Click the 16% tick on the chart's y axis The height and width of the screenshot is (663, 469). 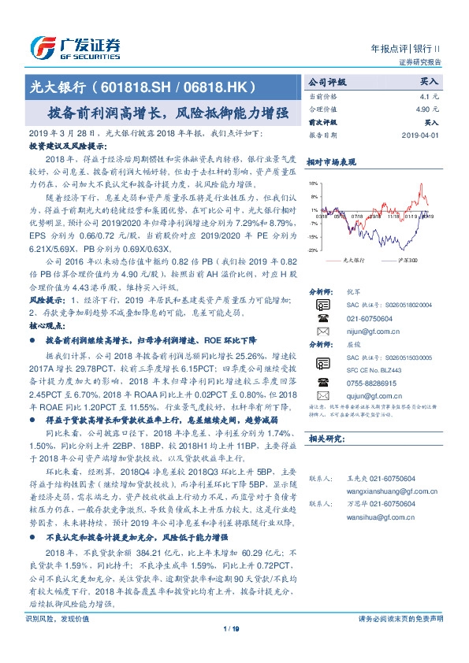(313, 183)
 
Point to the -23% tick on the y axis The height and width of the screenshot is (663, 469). (312, 250)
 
